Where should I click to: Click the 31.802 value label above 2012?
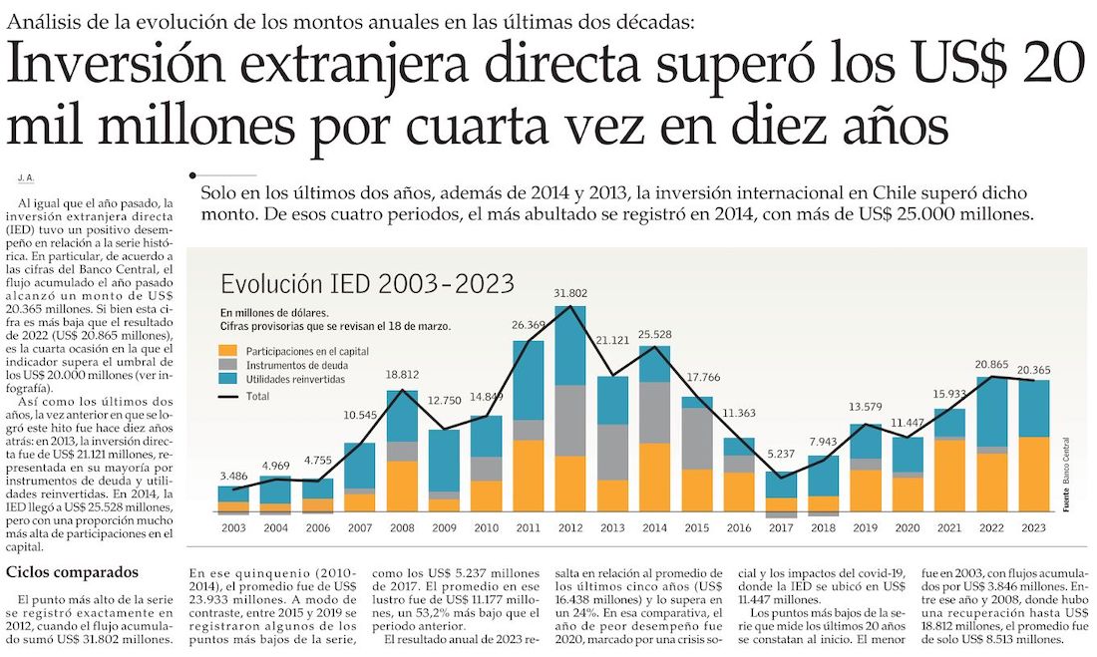click(570, 293)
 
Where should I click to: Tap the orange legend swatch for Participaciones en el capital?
click(228, 351)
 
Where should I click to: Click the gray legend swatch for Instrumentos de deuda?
click(228, 366)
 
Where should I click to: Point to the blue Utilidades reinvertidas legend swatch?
click(228, 381)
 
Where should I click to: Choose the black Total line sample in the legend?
click(228, 396)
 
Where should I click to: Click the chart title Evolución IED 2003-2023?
click(367, 283)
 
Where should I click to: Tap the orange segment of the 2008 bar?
click(401, 487)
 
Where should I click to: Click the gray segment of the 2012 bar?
click(570, 420)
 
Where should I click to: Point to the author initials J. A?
click(26, 176)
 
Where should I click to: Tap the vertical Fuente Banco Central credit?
click(1066, 474)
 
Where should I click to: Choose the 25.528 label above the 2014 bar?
click(655, 334)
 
